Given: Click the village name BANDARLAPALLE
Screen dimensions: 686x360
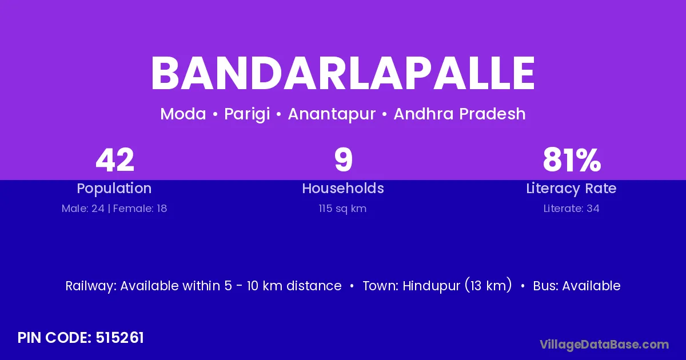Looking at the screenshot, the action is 342,73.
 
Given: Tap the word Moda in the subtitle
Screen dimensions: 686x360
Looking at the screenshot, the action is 183,114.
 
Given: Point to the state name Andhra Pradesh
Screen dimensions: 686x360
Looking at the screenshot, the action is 460,114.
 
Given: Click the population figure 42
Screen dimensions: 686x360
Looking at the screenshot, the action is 115,160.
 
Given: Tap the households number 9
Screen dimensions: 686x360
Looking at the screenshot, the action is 344,160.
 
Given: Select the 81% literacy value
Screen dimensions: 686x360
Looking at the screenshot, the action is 572,160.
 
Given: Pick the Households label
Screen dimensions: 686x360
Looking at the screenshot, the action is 343,188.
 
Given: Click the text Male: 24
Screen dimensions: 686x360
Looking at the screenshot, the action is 83,209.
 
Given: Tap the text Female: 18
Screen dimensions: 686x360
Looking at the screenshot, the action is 140,209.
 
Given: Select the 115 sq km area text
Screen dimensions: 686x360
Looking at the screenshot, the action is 342,209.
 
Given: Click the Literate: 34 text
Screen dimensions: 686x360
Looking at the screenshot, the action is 572,209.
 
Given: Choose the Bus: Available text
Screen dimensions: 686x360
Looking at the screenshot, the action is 577,286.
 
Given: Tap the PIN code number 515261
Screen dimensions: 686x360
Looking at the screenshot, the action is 119,338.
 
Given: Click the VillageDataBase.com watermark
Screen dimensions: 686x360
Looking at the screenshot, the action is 604,345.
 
